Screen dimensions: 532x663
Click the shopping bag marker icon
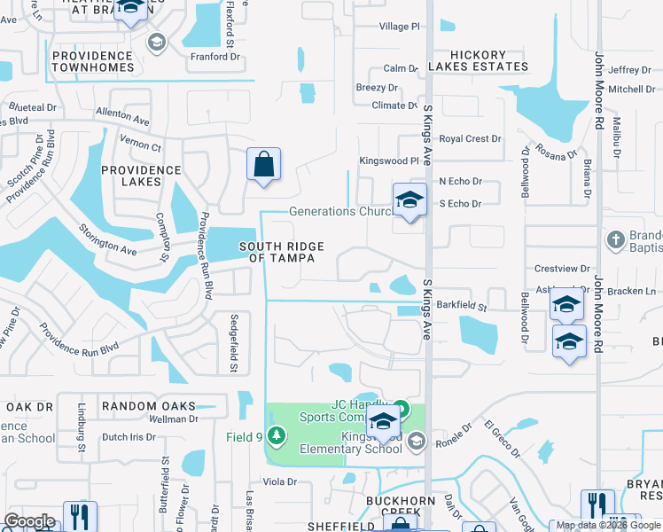pos(263,165)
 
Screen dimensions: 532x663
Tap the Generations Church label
pos(341,212)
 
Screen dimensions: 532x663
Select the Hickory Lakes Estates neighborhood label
pos(478,61)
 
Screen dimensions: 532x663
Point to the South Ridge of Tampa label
pos(281,252)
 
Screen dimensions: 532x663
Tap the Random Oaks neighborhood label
pos(148,406)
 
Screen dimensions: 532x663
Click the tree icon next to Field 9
pos(277,435)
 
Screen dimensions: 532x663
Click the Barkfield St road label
pos(462,307)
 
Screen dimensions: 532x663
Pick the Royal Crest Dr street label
pos(471,139)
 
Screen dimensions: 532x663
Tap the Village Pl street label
pos(400,27)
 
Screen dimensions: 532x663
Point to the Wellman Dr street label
pos(172,419)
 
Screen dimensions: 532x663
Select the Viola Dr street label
pos(278,481)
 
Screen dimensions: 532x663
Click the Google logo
pos(29,521)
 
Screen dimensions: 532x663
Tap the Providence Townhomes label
pos(92,61)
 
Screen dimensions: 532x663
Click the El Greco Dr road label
pos(502,439)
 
